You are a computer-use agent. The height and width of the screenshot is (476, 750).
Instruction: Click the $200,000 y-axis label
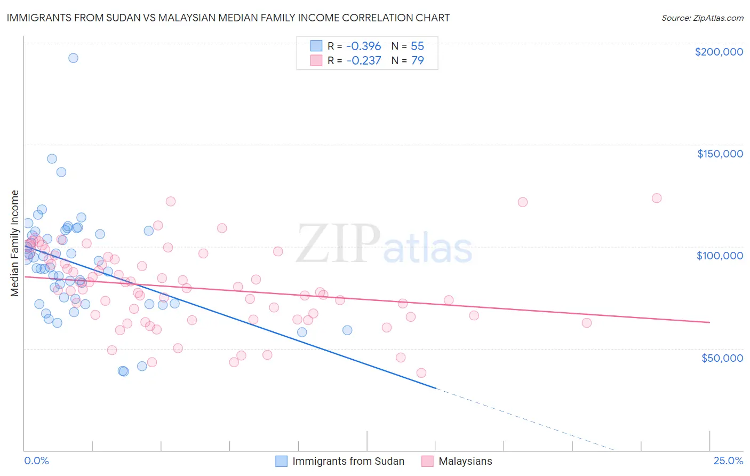coord(719,52)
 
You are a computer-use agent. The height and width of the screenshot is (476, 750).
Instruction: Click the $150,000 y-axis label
coord(720,154)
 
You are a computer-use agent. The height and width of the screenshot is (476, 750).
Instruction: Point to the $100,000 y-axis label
coord(720,256)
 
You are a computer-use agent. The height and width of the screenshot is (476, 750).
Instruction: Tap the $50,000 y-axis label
coord(722,358)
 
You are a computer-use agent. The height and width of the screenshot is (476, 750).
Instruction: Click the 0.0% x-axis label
coord(36,461)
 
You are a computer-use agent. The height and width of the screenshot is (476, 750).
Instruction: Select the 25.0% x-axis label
coord(728,461)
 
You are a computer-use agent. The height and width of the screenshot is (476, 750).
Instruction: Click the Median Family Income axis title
coord(15,243)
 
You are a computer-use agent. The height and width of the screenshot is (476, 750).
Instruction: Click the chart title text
coord(228,18)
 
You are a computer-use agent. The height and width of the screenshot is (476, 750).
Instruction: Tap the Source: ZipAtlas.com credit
coord(702,18)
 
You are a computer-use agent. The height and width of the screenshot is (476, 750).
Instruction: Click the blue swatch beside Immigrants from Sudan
coord(281,461)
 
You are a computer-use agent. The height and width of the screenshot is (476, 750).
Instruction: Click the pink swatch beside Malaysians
coord(427,461)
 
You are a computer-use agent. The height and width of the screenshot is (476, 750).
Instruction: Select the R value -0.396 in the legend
coord(363,46)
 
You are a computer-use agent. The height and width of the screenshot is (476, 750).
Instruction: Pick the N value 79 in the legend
coord(417,60)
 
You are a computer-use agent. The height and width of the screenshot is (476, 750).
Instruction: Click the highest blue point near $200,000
coord(73,58)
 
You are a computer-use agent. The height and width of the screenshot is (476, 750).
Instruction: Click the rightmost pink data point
coord(657,198)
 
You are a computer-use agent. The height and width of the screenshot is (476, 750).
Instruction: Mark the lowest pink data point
coord(421,373)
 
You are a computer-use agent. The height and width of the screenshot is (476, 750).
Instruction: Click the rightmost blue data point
coord(347,330)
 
